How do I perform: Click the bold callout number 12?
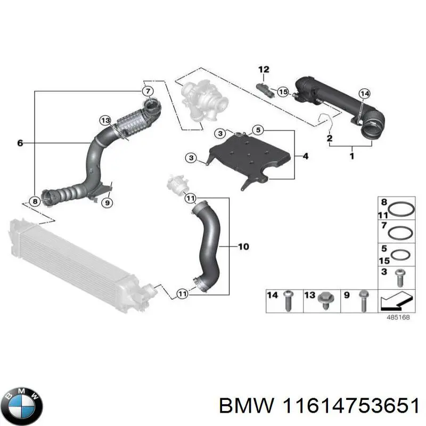[264, 69]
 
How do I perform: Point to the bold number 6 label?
[20, 143]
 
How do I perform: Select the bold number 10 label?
[243, 247]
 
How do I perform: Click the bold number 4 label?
[305, 157]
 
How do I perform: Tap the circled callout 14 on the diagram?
[364, 94]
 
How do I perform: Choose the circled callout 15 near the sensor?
[283, 92]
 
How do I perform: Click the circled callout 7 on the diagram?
[148, 90]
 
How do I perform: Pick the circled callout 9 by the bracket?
[106, 202]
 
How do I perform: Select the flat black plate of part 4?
[250, 157]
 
